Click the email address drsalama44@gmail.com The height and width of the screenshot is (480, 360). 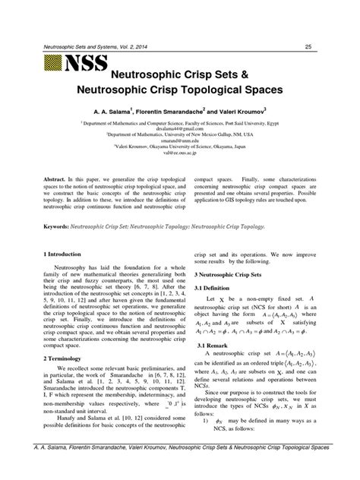click(180, 129)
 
